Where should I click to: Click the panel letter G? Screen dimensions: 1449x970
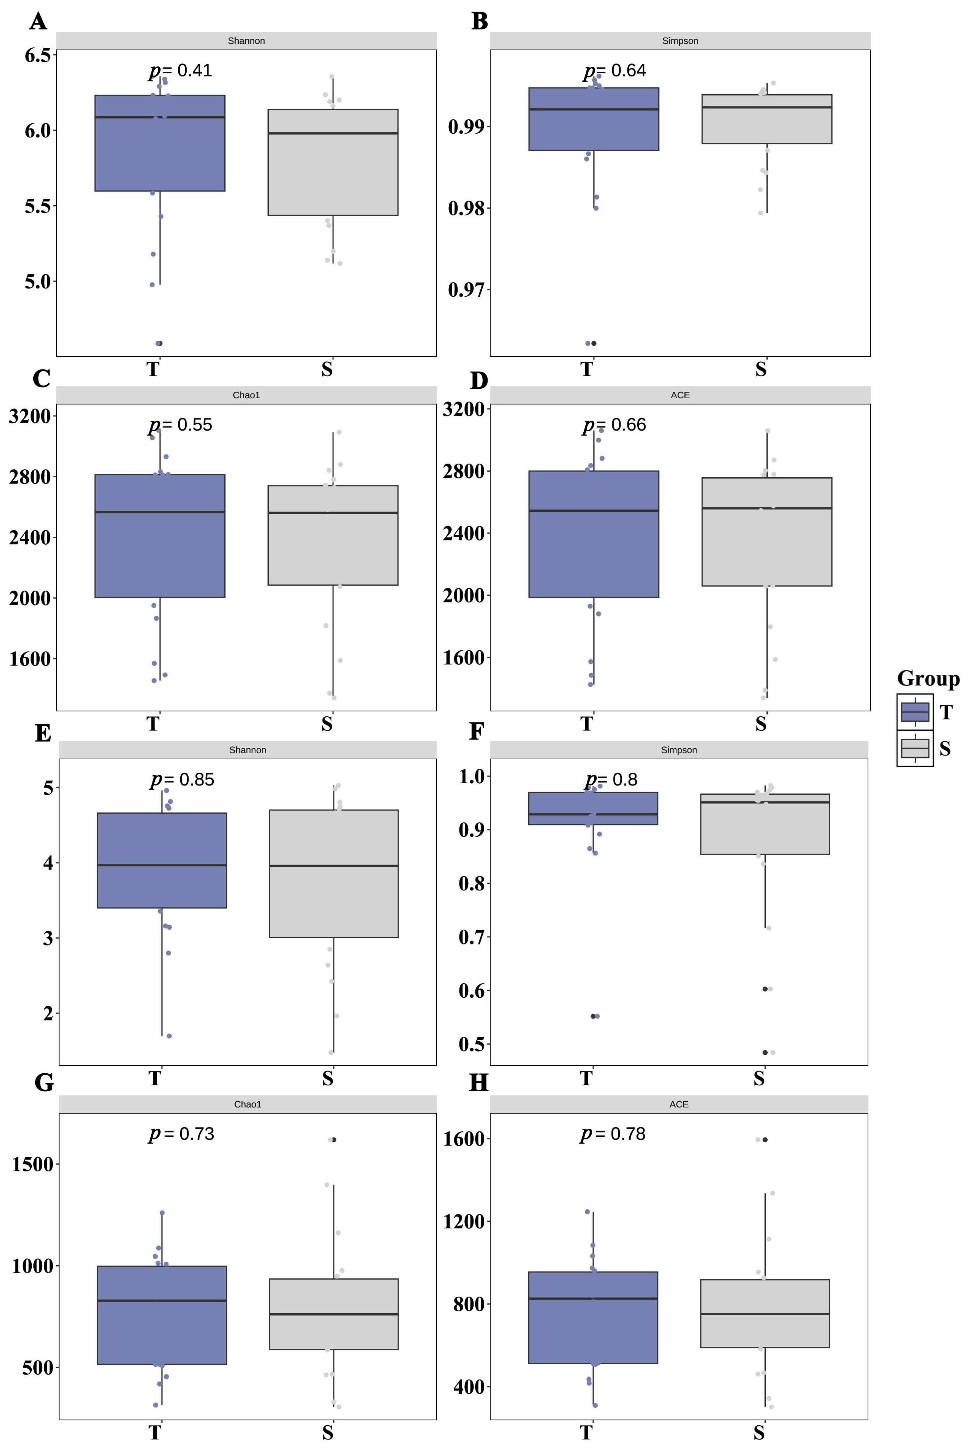tap(44, 1083)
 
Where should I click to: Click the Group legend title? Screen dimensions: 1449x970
tap(928, 679)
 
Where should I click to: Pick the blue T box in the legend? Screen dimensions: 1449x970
tap(915, 712)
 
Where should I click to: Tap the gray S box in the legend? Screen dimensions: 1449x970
tap(915, 749)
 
